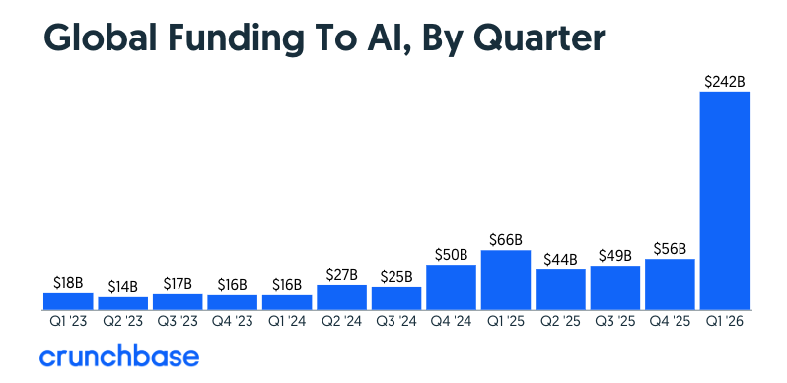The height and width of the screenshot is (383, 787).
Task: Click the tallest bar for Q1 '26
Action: (725, 200)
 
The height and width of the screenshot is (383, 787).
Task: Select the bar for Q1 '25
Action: (506, 279)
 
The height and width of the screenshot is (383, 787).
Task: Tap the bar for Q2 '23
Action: (123, 303)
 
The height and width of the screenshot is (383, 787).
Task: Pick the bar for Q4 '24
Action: (451, 286)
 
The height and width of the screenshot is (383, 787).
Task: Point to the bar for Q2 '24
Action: (341, 297)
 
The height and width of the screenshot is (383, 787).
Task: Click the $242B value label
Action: (725, 81)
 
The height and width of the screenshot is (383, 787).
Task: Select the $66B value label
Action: (506, 239)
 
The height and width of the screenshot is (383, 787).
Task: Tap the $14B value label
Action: (123, 286)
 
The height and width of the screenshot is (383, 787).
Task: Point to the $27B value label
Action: (341, 274)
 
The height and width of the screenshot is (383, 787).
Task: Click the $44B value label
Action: (560, 259)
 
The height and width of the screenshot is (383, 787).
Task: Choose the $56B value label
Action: (670, 248)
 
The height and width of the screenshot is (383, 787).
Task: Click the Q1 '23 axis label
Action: (68, 321)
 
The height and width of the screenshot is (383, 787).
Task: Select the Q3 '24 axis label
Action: (396, 321)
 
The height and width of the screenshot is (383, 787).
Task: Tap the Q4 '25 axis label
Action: (670, 321)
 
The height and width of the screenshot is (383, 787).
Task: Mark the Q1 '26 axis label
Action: (725, 321)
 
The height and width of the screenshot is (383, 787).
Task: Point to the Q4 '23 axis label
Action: (233, 321)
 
